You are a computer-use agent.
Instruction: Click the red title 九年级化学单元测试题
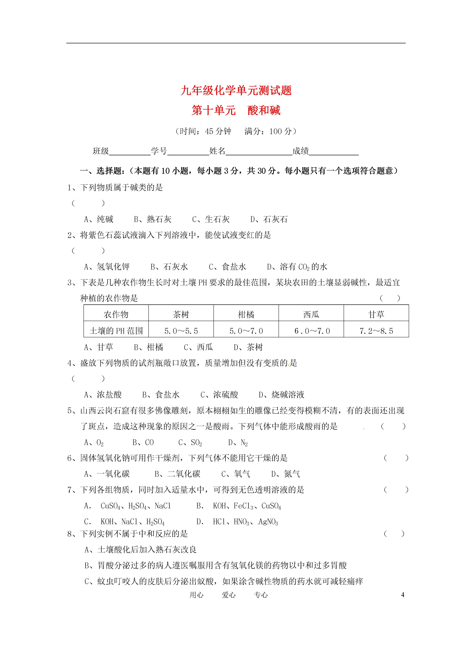pos(236,90)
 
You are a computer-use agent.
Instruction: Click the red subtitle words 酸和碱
pos(264,110)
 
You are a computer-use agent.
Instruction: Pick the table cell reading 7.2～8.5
pos(376,331)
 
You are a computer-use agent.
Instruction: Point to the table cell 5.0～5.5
pos(181,331)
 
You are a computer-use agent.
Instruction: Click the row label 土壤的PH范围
pos(116,331)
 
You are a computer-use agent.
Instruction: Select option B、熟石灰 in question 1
pos(153,219)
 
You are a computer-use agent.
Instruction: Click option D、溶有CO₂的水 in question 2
pos(297,267)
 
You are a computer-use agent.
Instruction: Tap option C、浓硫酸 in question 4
pos(219,395)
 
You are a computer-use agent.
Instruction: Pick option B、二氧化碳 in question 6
pos(177,474)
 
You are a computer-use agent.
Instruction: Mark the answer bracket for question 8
pos(394,534)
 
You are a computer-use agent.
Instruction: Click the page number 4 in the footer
pos(403,595)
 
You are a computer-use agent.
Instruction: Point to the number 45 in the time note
pos(209,131)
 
